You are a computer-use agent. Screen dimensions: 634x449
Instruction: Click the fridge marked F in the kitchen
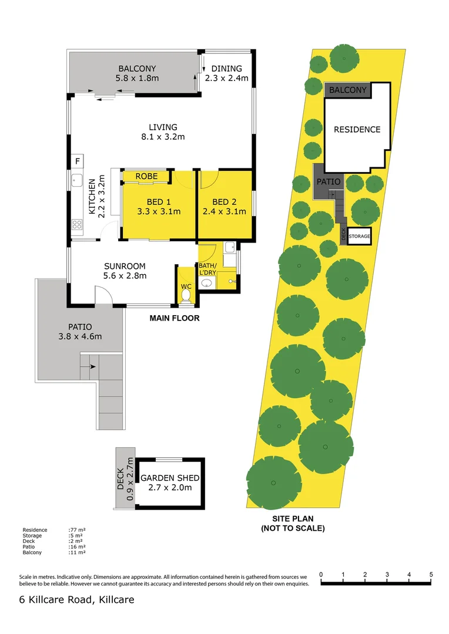[x=77, y=161]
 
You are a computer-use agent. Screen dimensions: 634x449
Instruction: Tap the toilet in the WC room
[x=186, y=295]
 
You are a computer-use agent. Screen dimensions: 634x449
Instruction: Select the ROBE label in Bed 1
[x=146, y=176]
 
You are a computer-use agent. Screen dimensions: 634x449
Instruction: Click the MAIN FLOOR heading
[x=174, y=318]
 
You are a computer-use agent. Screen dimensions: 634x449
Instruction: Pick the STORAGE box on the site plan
[x=360, y=237]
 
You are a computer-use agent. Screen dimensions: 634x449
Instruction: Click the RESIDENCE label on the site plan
[x=357, y=129]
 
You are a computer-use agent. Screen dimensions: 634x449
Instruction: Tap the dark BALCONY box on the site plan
[x=347, y=90]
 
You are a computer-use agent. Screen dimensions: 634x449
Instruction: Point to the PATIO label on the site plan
[x=329, y=182]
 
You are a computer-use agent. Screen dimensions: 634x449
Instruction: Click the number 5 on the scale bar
[x=431, y=574]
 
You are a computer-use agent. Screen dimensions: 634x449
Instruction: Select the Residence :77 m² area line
[x=54, y=530]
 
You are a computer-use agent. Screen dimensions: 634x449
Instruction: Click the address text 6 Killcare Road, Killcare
[x=76, y=599]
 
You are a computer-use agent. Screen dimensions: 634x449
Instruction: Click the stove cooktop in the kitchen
[x=77, y=224]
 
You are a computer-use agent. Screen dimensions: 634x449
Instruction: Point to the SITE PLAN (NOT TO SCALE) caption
[x=292, y=523]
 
